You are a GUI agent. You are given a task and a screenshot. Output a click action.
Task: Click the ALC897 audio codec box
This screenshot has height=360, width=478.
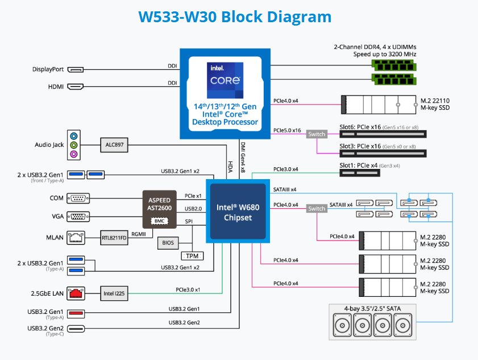coord(114,145)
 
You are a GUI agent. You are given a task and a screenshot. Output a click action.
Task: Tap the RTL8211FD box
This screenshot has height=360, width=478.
coord(114,237)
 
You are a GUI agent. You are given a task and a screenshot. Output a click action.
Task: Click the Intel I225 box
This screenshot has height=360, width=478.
coord(114,293)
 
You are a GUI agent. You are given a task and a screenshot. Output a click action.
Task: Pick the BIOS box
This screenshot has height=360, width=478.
coord(168,243)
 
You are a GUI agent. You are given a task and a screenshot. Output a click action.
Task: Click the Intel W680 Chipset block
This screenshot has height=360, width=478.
coord(238,211)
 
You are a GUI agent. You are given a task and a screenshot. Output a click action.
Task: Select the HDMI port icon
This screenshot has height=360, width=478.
coord(75,86)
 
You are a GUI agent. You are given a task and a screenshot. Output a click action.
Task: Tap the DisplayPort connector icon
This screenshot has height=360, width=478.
coord(75,69)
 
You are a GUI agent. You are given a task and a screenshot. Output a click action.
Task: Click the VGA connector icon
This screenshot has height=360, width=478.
coord(77,216)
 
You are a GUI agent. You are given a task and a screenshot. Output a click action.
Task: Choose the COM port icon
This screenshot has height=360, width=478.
coord(77,198)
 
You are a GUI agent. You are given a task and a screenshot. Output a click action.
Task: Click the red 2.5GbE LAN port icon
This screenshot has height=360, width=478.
coord(76,293)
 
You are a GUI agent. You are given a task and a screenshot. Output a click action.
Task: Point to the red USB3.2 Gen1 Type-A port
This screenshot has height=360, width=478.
coord(76,313)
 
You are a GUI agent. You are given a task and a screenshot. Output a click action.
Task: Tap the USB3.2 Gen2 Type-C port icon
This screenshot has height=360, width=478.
coord(76,329)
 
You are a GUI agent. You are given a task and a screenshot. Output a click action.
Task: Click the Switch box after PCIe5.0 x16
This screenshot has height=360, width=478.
coord(317,134)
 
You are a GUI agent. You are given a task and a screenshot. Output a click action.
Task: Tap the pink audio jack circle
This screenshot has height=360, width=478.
coord(73,154)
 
